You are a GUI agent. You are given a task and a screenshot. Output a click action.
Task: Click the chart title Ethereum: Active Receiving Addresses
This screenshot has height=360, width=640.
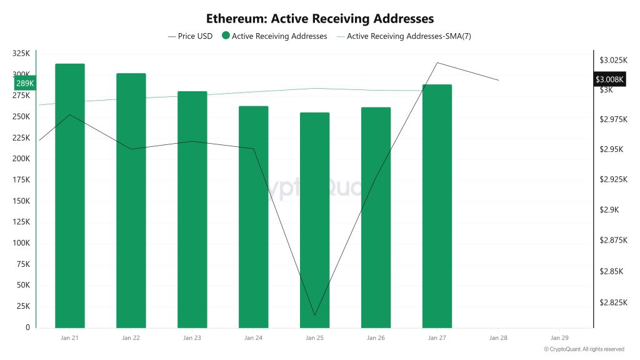coord(320,19)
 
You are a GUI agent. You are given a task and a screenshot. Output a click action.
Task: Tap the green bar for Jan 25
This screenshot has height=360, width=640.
coord(314,219)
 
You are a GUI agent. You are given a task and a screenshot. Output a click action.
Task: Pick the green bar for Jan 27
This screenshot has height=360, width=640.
coord(437,206)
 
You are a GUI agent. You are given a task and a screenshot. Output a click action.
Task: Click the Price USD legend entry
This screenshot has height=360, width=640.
coord(191,36)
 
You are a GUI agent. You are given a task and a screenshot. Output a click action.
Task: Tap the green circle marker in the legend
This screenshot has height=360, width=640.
coord(226,36)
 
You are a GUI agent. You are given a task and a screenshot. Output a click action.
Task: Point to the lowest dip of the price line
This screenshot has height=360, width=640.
coord(314,315)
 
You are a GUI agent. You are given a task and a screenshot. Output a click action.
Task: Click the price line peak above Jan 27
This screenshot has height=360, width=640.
coord(437,62)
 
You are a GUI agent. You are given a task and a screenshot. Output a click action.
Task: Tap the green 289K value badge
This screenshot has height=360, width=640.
coord(26,83)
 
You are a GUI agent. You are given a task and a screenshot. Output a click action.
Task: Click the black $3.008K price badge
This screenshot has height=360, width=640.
coord(609,79)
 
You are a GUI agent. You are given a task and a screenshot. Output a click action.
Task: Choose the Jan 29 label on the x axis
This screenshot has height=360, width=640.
coord(559,338)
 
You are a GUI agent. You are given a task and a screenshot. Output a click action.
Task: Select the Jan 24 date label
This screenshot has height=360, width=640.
coord(253,338)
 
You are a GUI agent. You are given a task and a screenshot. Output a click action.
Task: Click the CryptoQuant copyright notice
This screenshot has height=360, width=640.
coord(584,349)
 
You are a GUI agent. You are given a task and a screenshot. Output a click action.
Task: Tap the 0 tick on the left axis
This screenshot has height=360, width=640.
coord(27,327)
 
